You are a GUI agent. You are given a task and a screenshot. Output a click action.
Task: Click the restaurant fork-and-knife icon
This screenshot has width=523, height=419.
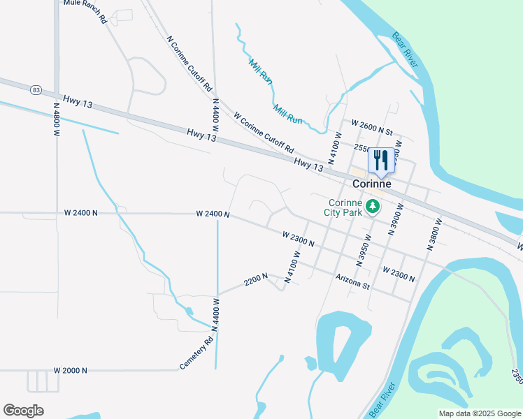381,160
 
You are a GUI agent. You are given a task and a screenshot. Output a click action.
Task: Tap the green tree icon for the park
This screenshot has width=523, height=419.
373,205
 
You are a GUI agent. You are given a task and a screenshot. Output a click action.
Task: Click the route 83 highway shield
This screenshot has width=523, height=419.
36,89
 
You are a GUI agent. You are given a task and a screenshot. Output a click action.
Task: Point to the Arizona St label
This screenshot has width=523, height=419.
351,281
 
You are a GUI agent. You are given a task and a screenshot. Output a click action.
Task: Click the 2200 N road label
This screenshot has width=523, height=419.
256,280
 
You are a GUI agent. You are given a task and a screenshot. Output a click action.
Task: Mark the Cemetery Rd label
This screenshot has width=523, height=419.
195,354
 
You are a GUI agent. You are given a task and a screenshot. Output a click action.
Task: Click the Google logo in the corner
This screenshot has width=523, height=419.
23,411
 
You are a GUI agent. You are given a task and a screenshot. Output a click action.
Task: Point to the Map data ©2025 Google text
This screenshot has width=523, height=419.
479,413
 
